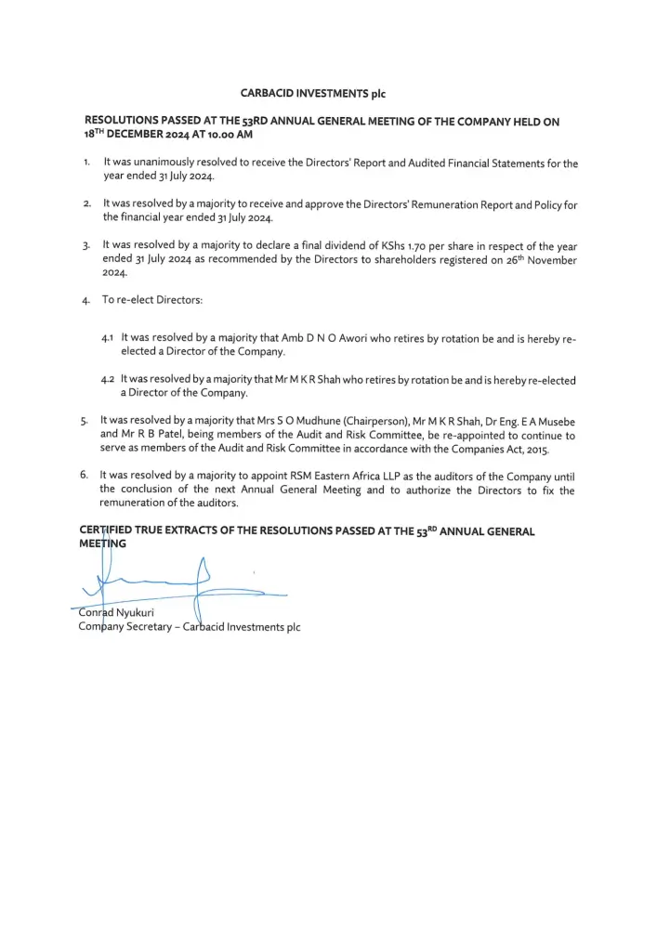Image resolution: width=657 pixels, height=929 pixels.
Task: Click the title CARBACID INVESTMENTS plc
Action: pyautogui.click(x=312, y=93)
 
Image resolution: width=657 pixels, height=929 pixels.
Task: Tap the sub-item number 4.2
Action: pyautogui.click(x=109, y=381)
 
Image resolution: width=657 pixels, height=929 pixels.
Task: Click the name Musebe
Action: pyautogui.click(x=554, y=422)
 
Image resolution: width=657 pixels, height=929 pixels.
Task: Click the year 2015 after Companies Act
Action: pyautogui.click(x=535, y=450)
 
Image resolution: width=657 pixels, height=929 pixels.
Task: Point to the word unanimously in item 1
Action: pyautogui.click(x=176, y=164)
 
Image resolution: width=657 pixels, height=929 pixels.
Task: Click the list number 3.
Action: pyautogui.click(x=85, y=247)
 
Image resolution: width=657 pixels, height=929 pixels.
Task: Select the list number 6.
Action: pyautogui.click(x=85, y=476)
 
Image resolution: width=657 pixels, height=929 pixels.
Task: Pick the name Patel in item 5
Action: pyautogui.click(x=165, y=436)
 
